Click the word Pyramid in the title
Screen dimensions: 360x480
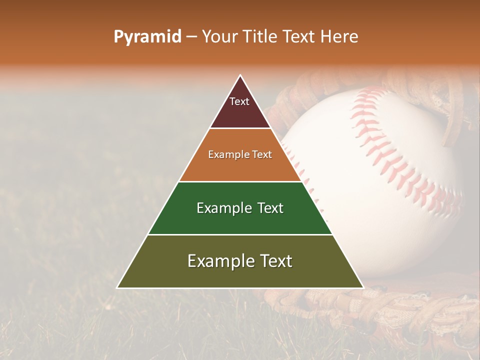(147, 37)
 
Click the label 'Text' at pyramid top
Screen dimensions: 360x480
(239, 101)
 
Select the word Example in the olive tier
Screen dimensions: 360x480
(218, 261)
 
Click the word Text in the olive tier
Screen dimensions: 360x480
(274, 261)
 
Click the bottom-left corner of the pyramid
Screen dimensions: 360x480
(117, 287)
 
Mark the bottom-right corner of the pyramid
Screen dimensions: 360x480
(363, 287)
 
